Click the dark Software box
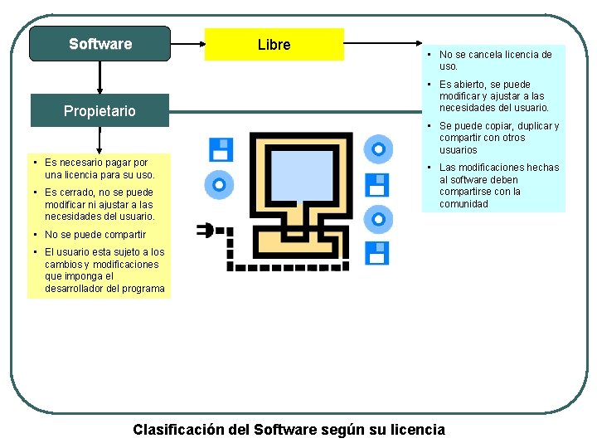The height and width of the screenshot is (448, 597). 99,44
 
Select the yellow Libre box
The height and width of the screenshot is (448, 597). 274,45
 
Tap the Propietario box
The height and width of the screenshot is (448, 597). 99,111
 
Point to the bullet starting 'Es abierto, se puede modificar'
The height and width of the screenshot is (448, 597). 493,96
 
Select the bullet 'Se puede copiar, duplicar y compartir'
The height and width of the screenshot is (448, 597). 498,138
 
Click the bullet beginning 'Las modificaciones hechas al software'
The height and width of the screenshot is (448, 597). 498,185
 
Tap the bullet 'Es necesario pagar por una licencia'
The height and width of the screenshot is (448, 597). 99,168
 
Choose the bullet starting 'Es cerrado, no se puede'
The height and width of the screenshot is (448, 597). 99,204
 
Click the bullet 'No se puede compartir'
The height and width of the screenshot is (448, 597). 95,235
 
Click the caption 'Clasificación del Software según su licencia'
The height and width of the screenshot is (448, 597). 289,429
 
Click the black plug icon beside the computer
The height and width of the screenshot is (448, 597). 205,230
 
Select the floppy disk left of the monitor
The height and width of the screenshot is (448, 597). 221,149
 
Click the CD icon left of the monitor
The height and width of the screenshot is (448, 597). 220,184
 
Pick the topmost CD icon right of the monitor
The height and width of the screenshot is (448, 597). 378,149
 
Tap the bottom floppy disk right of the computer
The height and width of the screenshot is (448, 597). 377,252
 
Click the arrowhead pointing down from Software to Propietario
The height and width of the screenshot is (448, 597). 99,89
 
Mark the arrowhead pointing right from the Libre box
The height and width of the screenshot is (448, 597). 418,45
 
